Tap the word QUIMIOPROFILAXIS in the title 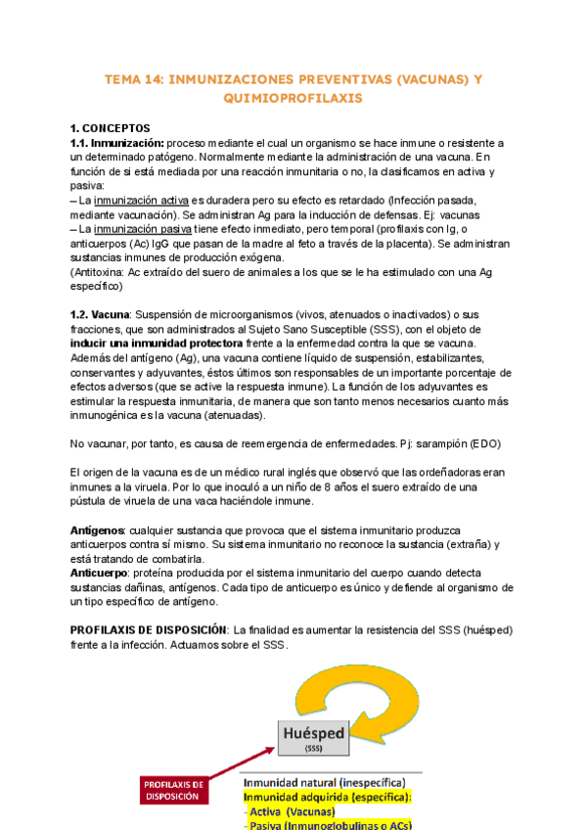coord(293,99)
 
